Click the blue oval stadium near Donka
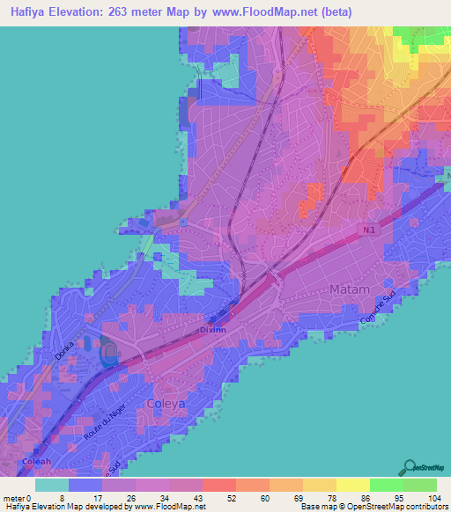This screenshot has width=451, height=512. click(108, 355)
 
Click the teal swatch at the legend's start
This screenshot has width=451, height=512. click(52, 484)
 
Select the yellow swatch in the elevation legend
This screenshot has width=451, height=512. click(353, 484)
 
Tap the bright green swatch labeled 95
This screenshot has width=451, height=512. click(387, 484)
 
